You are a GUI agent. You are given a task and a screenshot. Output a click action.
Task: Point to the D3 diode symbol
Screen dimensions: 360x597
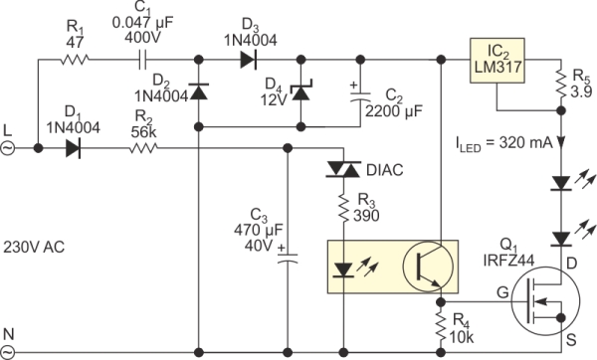(247, 60)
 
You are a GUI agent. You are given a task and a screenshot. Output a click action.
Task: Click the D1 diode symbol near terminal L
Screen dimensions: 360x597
(71, 149)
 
